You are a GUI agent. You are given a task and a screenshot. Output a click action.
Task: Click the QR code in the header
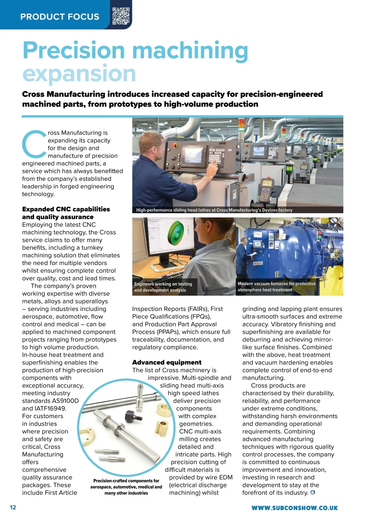click(x=121, y=16)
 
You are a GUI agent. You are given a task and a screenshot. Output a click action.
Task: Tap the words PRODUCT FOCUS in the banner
click(x=60, y=17)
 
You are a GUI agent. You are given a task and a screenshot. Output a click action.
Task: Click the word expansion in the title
click(x=79, y=74)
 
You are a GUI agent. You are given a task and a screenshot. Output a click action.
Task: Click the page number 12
click(x=13, y=507)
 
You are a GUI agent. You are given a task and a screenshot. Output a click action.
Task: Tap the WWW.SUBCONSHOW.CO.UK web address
click(x=294, y=508)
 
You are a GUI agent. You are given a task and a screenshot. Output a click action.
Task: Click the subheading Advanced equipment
click(x=167, y=362)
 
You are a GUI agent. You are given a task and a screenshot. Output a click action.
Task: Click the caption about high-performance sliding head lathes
click(x=214, y=210)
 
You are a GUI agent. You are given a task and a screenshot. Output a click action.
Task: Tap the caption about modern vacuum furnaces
click(x=276, y=287)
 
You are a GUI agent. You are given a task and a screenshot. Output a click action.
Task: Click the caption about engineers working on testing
click(x=163, y=287)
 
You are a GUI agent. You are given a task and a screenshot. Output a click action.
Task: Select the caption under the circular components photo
click(x=126, y=487)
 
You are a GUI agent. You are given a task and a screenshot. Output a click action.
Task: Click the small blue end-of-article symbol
click(x=312, y=492)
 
